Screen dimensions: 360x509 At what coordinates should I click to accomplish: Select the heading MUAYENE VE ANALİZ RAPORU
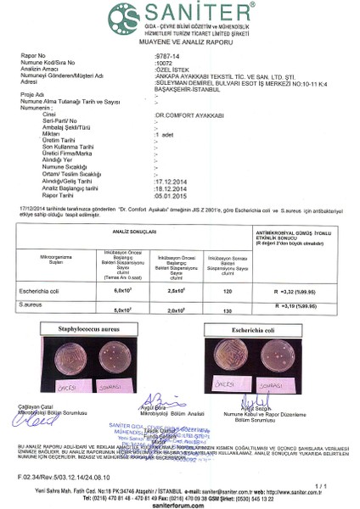coord(180,40)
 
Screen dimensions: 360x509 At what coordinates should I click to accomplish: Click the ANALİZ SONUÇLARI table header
coord(140,231)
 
